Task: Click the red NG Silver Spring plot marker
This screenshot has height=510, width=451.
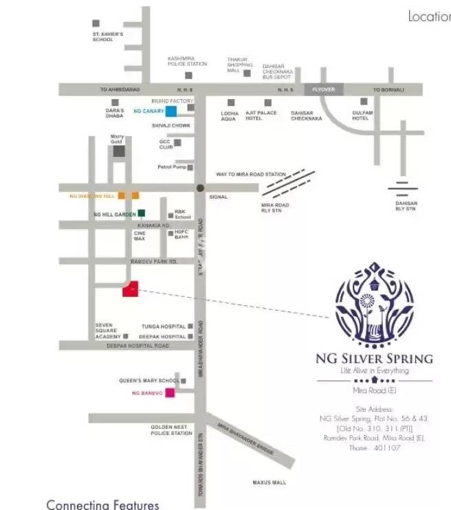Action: (131, 289)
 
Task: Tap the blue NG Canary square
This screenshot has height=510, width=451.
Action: (170, 111)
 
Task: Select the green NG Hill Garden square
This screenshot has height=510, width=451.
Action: (142, 214)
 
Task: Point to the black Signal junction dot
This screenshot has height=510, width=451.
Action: (199, 188)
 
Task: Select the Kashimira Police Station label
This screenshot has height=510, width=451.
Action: (187, 61)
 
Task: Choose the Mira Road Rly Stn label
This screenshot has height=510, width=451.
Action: (276, 208)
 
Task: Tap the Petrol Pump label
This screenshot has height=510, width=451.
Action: (172, 167)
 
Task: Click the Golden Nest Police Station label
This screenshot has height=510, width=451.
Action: (172, 430)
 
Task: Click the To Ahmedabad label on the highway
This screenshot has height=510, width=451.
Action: (120, 90)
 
